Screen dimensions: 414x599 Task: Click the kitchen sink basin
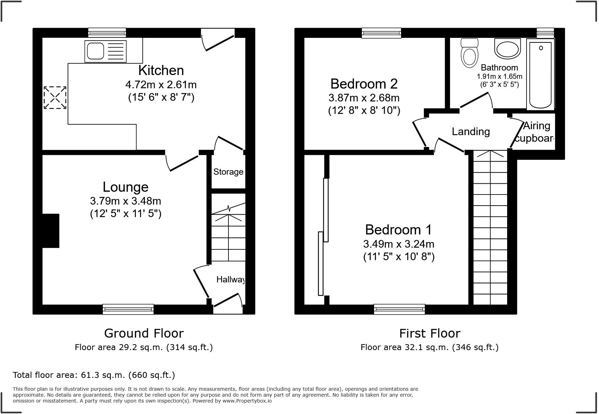[95, 51]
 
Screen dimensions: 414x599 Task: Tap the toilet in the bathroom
[469, 56]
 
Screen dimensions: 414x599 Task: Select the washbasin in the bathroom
[507, 49]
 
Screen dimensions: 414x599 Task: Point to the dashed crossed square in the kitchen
[55, 98]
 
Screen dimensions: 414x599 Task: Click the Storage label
[228, 172]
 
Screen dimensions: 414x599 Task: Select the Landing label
[471, 132]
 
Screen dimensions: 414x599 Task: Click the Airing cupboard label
[536, 132]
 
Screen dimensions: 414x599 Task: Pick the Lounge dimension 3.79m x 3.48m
[125, 201]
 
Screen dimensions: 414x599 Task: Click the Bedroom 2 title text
[364, 84]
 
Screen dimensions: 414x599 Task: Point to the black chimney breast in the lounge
[51, 231]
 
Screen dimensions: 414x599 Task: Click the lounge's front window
[128, 309]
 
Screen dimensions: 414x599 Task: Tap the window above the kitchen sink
[107, 33]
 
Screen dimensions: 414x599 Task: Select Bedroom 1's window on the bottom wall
[399, 309]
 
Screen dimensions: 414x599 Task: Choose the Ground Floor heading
[144, 333]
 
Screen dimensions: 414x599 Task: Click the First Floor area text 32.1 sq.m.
[429, 347]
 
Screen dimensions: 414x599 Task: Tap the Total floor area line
[94, 375]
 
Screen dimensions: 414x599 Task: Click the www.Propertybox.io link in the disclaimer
[247, 401]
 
